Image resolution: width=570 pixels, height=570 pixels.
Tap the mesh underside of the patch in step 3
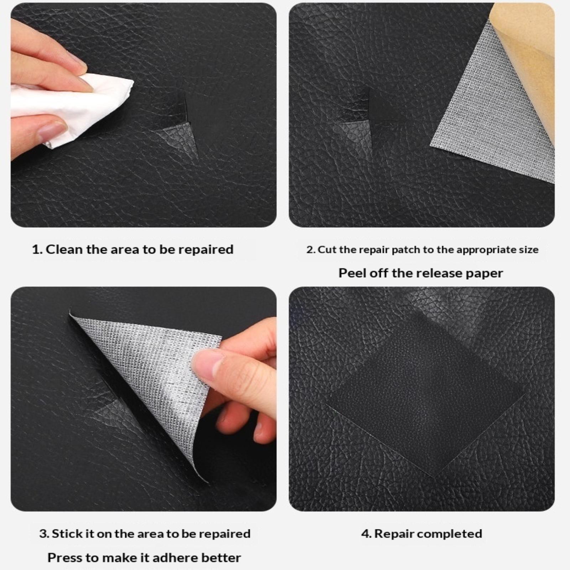coord(157,385)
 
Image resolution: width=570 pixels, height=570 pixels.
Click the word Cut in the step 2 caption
coord(327,250)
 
